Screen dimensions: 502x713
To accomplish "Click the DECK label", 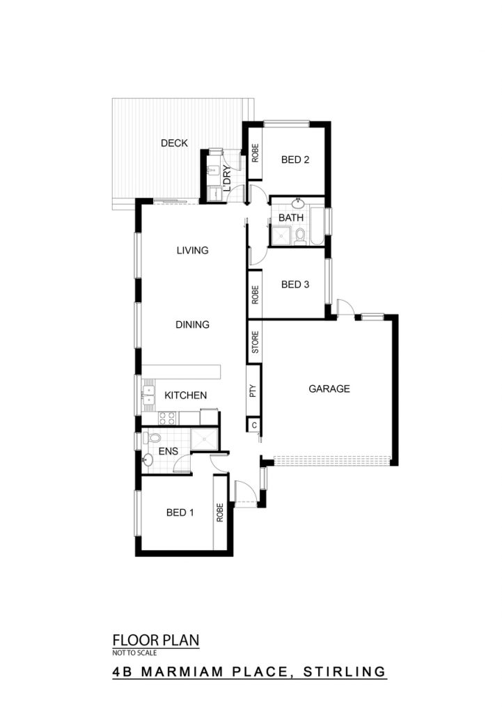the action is click(x=174, y=143).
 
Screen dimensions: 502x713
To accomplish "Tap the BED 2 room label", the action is click(x=295, y=159).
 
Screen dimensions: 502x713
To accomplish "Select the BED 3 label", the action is click(x=295, y=285).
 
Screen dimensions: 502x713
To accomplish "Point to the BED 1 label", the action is click(x=180, y=513).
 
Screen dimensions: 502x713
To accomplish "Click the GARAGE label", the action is click(x=329, y=389).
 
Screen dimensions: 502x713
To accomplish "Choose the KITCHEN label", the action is click(x=185, y=395).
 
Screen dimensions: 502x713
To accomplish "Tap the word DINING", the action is click(x=192, y=324).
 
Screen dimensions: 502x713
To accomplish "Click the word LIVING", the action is click(x=192, y=250).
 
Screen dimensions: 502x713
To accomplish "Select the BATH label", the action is click(x=291, y=218).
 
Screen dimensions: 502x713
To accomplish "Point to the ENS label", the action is click(x=168, y=451).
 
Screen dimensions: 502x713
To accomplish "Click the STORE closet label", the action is click(x=255, y=342).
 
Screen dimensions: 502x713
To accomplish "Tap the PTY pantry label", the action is click(x=253, y=391).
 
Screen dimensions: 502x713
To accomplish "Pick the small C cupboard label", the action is click(x=254, y=425).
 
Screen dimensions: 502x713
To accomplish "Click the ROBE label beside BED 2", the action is click(x=255, y=153).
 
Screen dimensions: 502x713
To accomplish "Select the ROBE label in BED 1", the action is click(x=220, y=512).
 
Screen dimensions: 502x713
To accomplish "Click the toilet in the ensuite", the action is click(x=152, y=439).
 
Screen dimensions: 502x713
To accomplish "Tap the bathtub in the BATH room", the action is click(x=317, y=226).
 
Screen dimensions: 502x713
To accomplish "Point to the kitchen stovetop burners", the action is click(x=167, y=418).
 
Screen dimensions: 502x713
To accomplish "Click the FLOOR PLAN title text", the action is click(x=156, y=641).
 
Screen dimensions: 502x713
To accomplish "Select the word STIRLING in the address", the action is click(x=345, y=671).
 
